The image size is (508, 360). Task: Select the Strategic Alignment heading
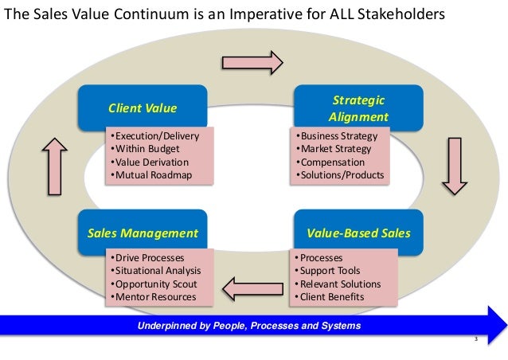coord(358,108)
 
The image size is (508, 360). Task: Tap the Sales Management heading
coord(142,233)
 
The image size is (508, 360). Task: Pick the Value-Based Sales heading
coord(358,233)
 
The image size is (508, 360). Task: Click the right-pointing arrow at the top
coord(252,62)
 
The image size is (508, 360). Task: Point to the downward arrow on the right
coord(455,166)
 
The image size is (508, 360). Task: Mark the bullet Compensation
coord(333,162)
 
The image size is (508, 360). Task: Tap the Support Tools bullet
coord(327,272)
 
